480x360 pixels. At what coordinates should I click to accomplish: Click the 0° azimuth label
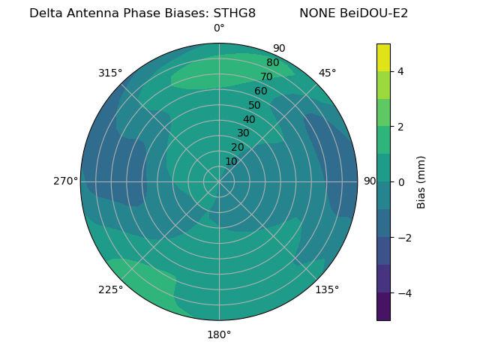coord(219,28)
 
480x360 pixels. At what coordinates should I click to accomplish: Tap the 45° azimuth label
coord(328,73)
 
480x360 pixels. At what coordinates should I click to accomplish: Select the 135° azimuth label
coord(327,289)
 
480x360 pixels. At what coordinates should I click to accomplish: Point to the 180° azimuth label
coord(219,334)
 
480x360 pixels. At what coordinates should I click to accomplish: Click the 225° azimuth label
coord(110,289)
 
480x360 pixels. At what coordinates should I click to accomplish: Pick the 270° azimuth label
coord(65,181)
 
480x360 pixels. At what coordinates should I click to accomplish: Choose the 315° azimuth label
coord(110,73)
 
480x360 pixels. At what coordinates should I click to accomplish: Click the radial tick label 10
coord(231,161)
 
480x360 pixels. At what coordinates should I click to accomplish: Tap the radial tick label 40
coord(249,119)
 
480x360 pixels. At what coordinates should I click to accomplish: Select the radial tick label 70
coord(266,76)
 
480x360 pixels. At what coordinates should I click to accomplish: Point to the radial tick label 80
coord(272,62)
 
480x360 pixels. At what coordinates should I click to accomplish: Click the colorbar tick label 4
coord(400,71)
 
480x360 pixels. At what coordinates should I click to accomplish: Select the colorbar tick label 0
coord(400,182)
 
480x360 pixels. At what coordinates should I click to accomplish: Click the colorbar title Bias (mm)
coord(421,182)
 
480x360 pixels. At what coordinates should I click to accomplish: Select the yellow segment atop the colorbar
coord(383,57)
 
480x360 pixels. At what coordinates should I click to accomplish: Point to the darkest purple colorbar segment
coord(383,307)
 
